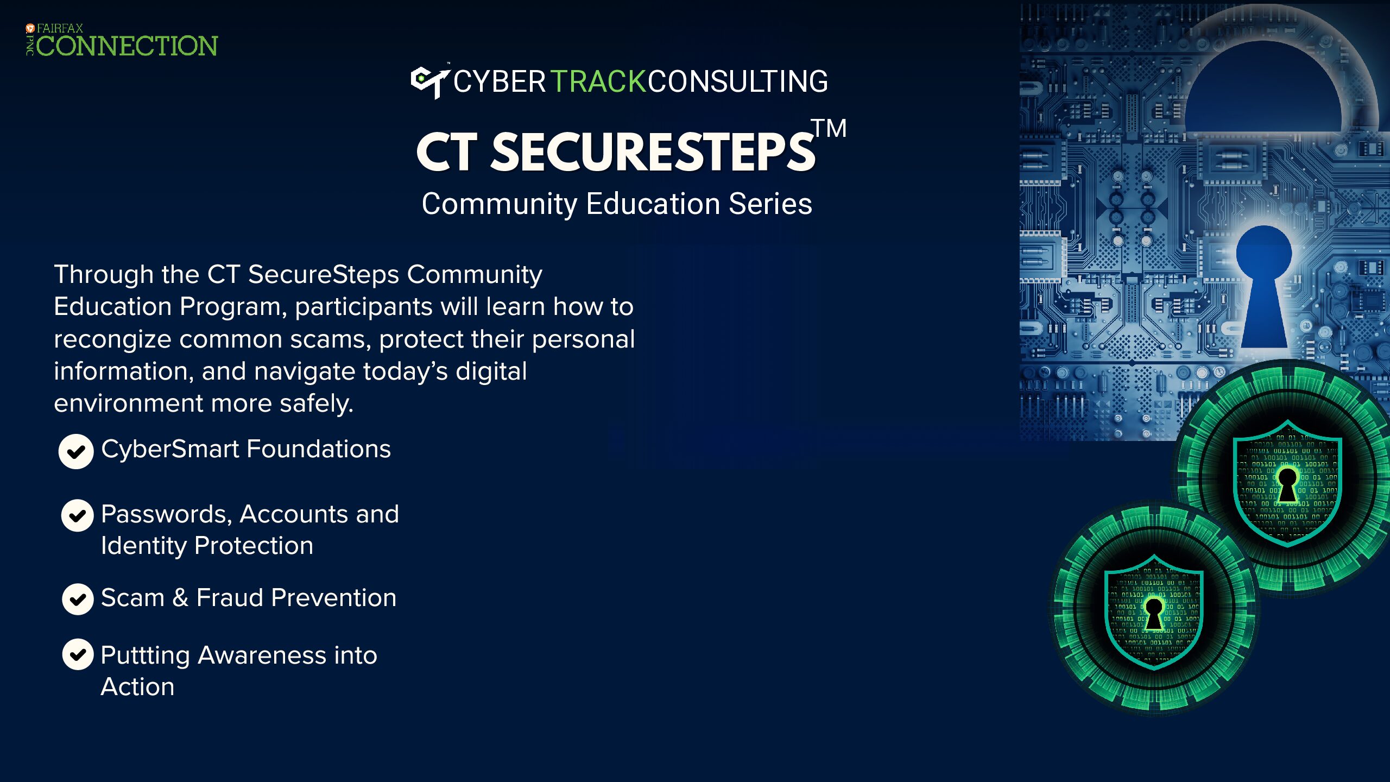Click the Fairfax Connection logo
pyautogui.click(x=122, y=40)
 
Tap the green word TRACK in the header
pyautogui.click(x=598, y=82)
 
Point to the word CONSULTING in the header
pyautogui.click(x=737, y=82)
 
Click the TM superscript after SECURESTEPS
pyautogui.click(x=829, y=129)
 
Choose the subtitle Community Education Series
pyautogui.click(x=617, y=205)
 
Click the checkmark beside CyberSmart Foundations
pyautogui.click(x=76, y=451)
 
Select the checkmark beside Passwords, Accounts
pyautogui.click(x=77, y=515)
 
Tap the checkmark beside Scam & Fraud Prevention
pyautogui.click(x=78, y=599)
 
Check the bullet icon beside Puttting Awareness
pyautogui.click(x=78, y=654)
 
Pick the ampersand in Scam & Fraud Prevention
pyautogui.click(x=180, y=598)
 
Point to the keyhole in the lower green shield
pyautogui.click(x=1154, y=614)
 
